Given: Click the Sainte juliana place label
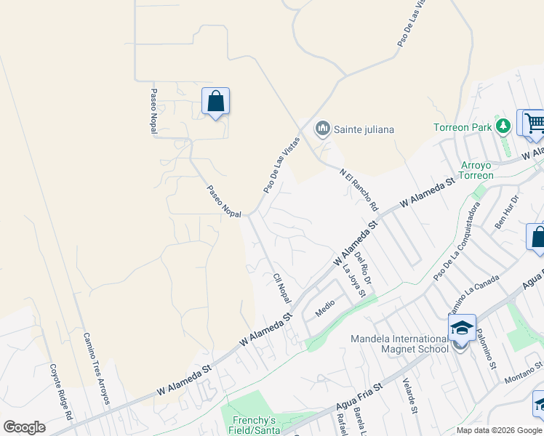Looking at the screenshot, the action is click(x=364, y=130).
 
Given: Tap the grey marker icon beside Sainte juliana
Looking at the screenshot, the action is click(x=322, y=129).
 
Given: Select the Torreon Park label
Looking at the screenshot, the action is click(x=464, y=127).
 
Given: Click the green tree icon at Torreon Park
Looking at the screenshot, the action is click(x=503, y=126).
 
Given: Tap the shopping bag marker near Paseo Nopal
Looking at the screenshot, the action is click(x=216, y=102).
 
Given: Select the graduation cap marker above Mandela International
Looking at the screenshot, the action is click(x=462, y=328).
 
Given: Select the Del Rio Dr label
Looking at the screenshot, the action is click(x=364, y=268).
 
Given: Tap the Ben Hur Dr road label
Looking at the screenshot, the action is click(x=508, y=212).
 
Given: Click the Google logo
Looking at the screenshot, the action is click(x=24, y=427).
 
